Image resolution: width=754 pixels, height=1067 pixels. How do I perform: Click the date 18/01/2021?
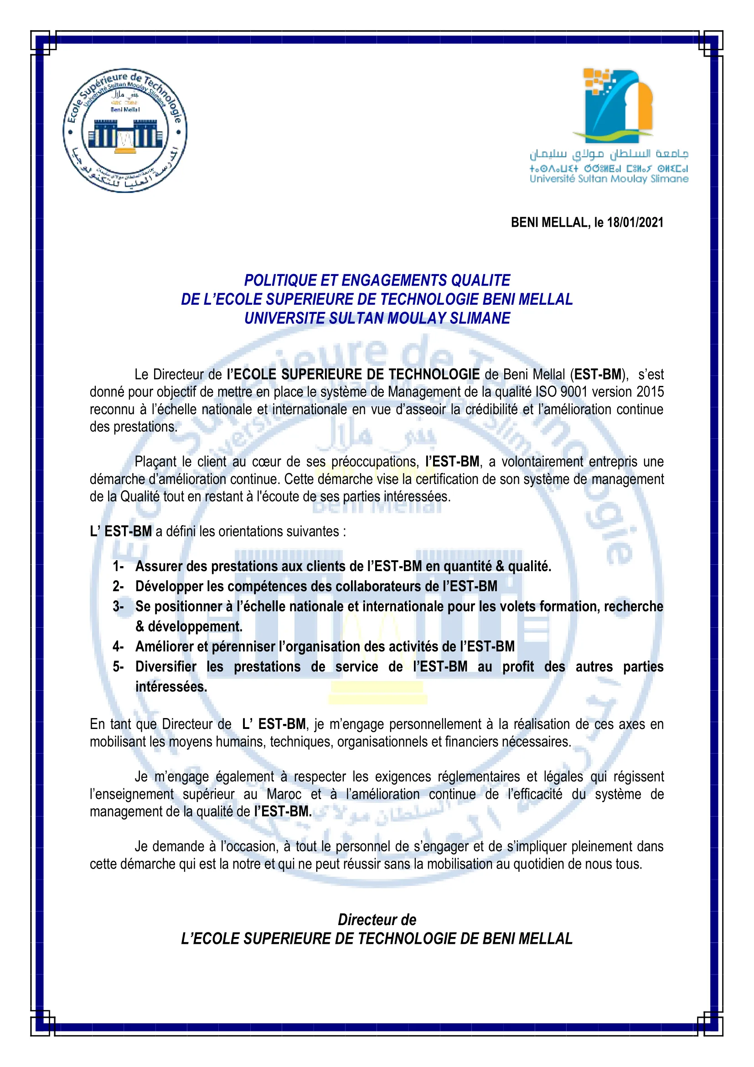click(635, 222)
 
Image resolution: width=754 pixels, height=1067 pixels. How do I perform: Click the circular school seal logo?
click(125, 130)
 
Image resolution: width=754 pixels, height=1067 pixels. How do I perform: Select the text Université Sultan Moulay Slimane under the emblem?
click(609, 179)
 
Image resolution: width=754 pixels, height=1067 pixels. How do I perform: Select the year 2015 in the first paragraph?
click(650, 392)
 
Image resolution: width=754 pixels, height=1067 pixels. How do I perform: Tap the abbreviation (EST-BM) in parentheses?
click(599, 374)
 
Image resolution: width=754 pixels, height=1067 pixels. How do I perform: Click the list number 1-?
click(118, 566)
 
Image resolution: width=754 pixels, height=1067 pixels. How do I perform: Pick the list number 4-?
click(118, 646)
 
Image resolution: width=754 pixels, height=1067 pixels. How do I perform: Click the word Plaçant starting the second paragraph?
click(156, 462)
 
